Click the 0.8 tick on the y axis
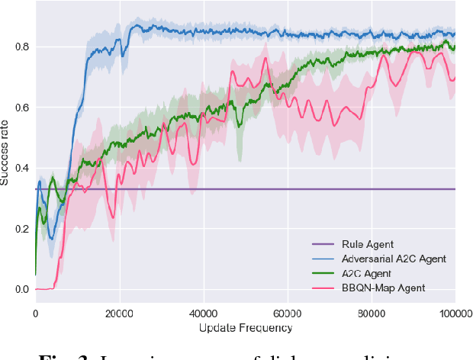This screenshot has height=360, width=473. [x=21, y=47]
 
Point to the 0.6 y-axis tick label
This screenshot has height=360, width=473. [x=21, y=108]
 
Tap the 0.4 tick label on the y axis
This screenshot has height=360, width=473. [x=21, y=168]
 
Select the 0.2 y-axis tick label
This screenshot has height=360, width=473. [x=21, y=229]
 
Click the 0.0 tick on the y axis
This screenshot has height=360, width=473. [x=21, y=290]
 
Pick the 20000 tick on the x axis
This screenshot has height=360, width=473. [x=119, y=313]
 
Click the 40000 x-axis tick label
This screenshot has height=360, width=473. [x=203, y=313]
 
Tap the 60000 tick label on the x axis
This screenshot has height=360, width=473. [x=287, y=313]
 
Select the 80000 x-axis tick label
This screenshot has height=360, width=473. [x=371, y=313]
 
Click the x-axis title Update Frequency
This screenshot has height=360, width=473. [x=246, y=328]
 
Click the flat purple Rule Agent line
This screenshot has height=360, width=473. [x=229, y=189]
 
